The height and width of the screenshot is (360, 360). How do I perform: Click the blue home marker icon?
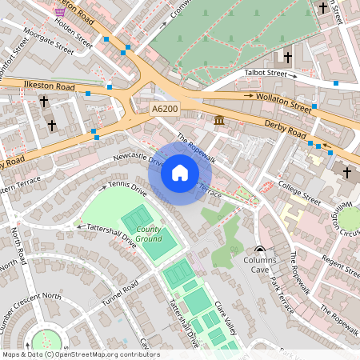[180, 173]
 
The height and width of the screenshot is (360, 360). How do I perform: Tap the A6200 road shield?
[166, 108]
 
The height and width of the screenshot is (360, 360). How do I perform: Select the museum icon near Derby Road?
[219, 120]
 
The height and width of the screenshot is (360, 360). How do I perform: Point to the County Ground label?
[148, 234]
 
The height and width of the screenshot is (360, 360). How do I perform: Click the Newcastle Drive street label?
[138, 158]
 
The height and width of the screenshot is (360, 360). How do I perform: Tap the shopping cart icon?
[60, 11]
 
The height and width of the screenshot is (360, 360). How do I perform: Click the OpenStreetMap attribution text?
[80, 354]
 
